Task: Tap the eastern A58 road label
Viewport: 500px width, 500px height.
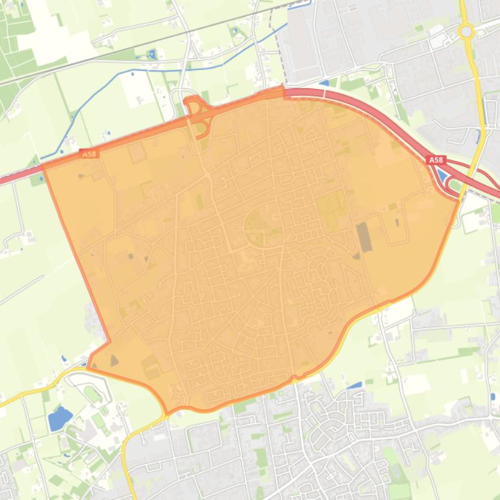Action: click(436, 160)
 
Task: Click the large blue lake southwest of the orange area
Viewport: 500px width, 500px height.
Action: click(60, 419)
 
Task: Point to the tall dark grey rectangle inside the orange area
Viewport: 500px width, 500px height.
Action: click(364, 237)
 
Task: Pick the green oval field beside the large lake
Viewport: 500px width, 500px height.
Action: click(92, 393)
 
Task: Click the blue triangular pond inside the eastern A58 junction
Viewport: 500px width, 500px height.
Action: click(443, 176)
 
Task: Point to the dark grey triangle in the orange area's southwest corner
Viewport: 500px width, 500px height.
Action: click(114, 360)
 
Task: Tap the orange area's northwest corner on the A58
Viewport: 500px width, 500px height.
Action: click(44, 166)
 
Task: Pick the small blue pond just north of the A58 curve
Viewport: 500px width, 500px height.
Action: click(325, 82)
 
